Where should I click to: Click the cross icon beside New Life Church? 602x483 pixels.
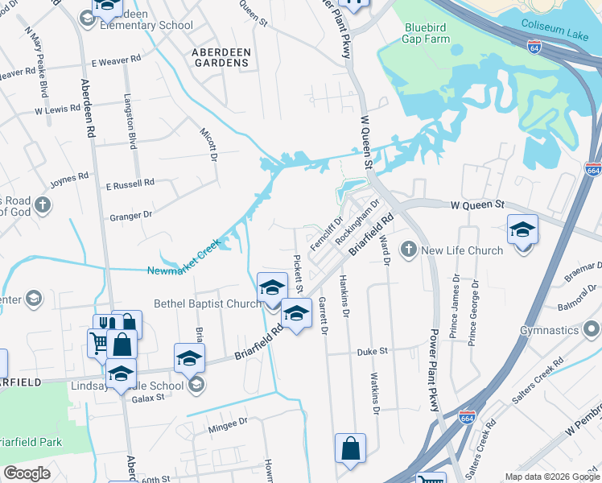(408, 250)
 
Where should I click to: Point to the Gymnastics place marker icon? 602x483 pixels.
(592, 330)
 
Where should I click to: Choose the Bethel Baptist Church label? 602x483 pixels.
(208, 303)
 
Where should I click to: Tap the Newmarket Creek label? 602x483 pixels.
(183, 260)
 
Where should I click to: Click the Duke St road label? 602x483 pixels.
(373, 352)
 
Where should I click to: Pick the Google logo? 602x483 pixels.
(27, 473)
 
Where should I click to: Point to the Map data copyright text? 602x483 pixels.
(550, 477)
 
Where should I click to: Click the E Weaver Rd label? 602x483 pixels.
(116, 61)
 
